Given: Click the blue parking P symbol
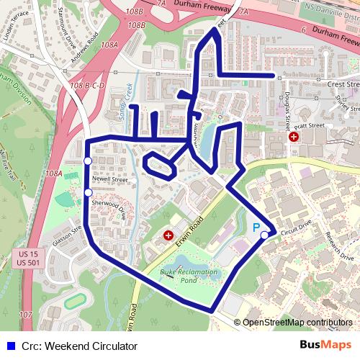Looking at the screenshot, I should pos(256,227).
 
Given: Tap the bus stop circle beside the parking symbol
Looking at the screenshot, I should pos(265,235).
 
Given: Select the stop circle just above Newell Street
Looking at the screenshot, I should pos(88,161).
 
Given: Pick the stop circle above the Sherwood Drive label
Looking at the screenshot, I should pos(88,192).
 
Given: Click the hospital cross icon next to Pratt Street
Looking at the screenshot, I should pos(294,136).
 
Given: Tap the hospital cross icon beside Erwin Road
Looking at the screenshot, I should pos(168,235).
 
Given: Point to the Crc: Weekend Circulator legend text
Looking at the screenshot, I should pos(69,344).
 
